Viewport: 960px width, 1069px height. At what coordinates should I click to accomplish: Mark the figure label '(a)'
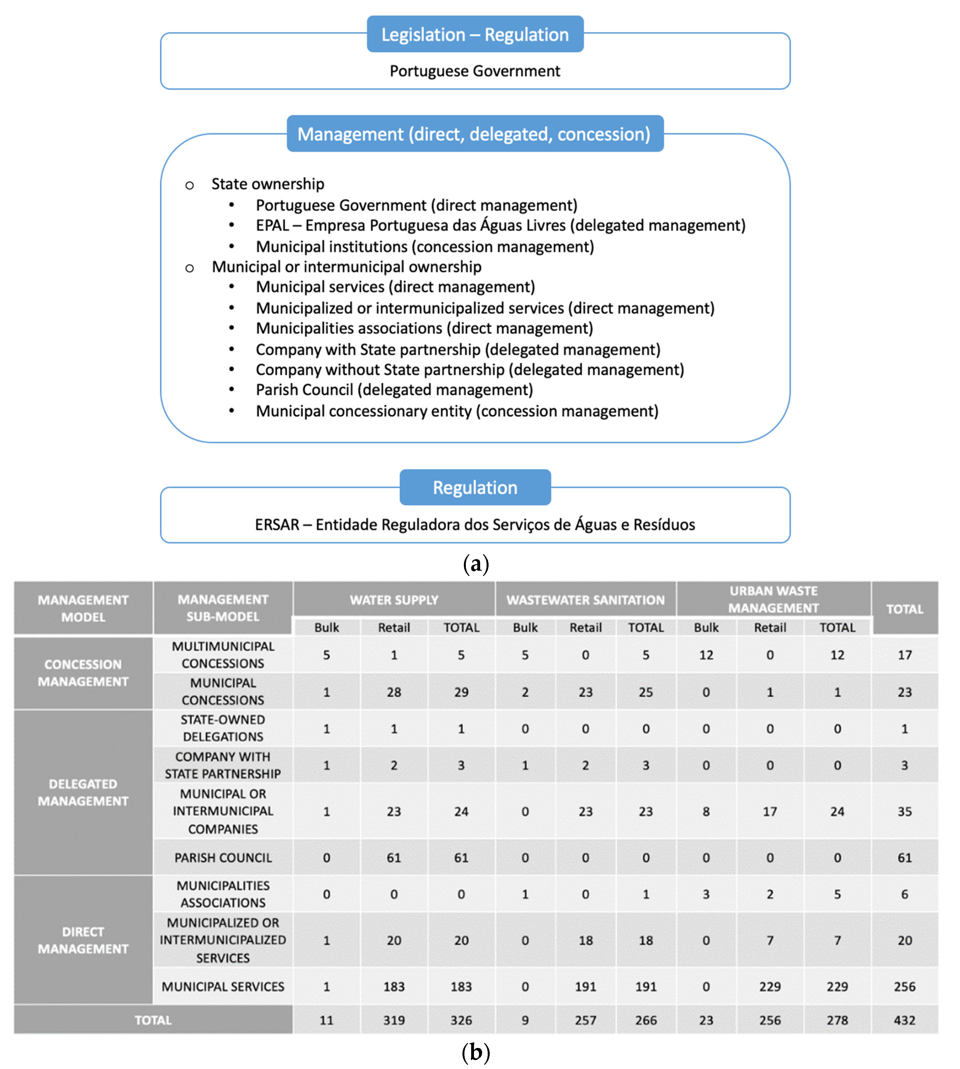coord(475,564)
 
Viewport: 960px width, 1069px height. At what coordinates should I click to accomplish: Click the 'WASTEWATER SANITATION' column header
coord(585,600)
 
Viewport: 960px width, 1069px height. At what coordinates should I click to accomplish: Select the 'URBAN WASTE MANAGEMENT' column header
coord(773,600)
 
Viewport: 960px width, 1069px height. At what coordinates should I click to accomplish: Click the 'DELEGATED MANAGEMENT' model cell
coord(83,793)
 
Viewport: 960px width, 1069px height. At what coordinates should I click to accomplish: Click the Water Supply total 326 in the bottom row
coord(461,1020)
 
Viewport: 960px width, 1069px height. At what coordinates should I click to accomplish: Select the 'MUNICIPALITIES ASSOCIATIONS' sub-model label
coord(223,894)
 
